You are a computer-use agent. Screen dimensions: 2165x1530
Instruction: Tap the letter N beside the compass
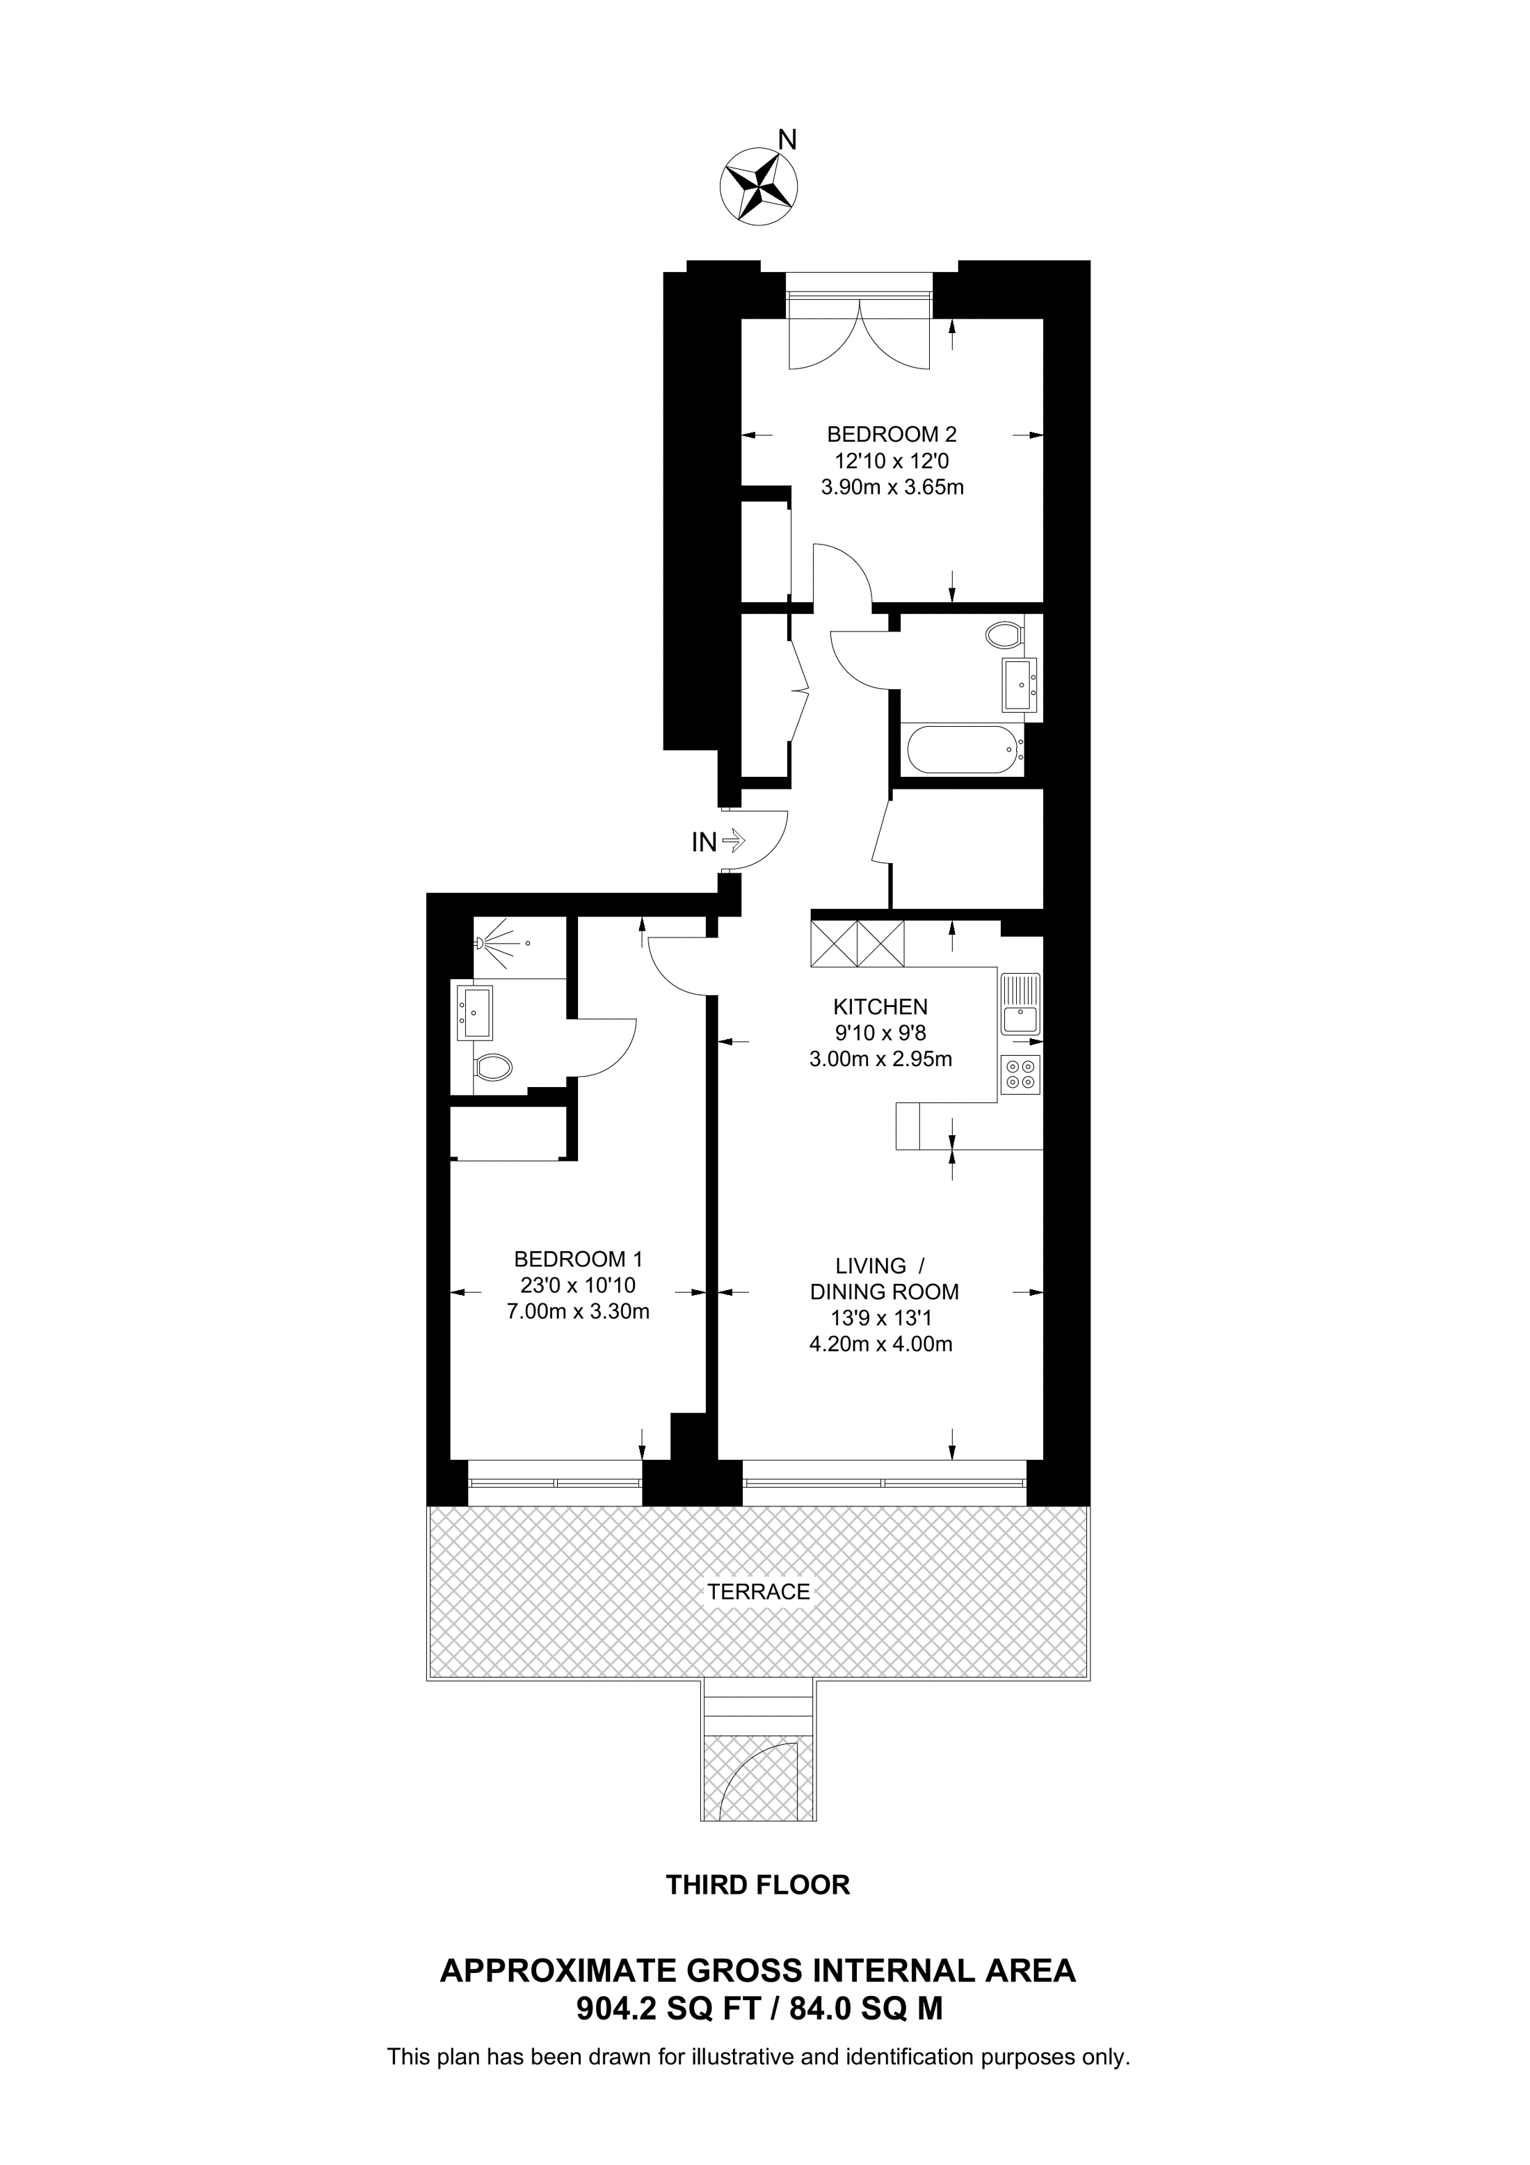pyautogui.click(x=787, y=140)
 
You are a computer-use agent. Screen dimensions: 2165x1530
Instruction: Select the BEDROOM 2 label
pyautogui.click(x=891, y=435)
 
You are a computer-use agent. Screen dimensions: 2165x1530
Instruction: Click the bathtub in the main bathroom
pyautogui.click(x=963, y=750)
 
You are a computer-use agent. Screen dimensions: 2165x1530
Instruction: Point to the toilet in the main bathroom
pyautogui.click(x=1005, y=634)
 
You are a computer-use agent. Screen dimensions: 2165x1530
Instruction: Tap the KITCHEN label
pyautogui.click(x=880, y=1007)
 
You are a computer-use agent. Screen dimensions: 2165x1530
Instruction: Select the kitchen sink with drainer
pyautogui.click(x=1021, y=1005)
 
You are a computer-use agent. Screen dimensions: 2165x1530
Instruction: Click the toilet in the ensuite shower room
pyautogui.click(x=493, y=1068)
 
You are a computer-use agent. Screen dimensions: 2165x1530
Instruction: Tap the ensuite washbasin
pyautogui.click(x=475, y=1012)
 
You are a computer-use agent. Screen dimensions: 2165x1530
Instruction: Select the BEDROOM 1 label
pyautogui.click(x=578, y=1259)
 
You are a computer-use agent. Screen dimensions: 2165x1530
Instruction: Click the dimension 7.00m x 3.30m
pyautogui.click(x=578, y=1312)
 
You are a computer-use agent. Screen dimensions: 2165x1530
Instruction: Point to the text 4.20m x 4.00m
pyautogui.click(x=880, y=1344)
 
